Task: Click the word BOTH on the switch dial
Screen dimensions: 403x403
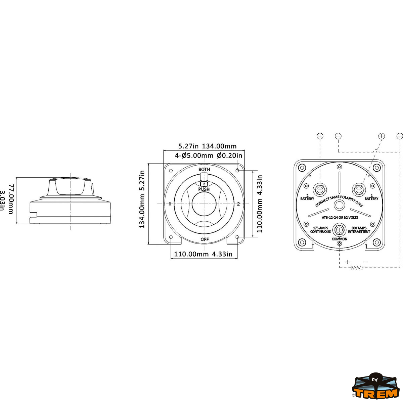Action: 204,169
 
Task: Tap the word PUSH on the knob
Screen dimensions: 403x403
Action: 204,189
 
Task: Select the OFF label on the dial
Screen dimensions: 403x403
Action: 205,239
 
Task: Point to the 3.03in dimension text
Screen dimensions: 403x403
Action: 3,201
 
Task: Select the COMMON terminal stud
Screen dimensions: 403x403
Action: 340,230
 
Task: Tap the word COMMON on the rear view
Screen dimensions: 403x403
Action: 340,239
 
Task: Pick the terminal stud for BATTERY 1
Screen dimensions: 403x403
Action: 359,190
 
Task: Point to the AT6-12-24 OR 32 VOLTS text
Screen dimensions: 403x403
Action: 340,218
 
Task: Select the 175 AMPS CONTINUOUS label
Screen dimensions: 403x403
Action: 320,230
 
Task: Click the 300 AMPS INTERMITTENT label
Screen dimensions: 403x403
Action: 359,230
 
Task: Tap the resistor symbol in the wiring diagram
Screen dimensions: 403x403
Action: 356,268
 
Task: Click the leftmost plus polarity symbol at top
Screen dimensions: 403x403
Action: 320,136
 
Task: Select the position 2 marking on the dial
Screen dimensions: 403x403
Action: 238,204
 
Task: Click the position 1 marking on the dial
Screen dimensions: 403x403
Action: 170,204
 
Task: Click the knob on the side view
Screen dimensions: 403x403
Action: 70,187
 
